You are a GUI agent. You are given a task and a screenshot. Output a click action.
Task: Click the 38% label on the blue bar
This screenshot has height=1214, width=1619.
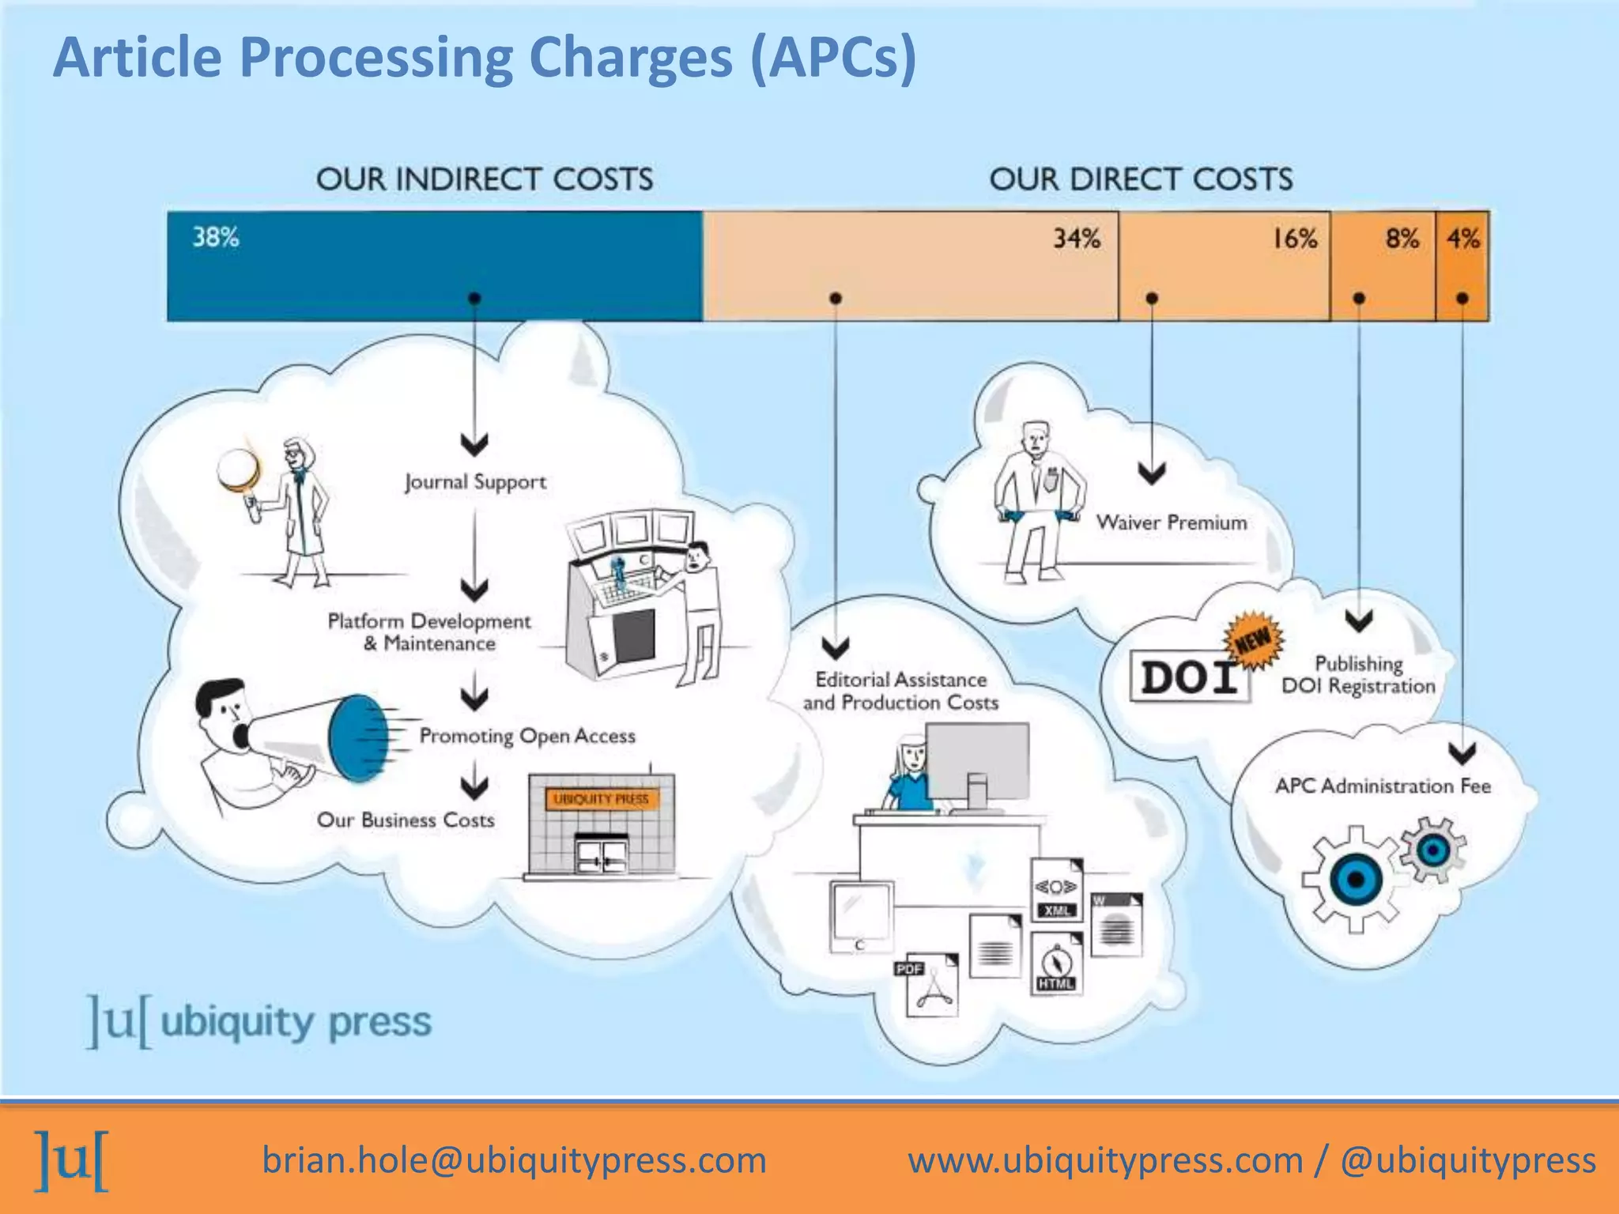click(x=216, y=237)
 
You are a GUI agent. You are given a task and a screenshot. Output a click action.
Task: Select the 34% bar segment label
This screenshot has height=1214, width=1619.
click(x=1076, y=238)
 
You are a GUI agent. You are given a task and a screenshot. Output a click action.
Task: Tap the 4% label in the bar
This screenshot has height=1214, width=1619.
click(x=1462, y=238)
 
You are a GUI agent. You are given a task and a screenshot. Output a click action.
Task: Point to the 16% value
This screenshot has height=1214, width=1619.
click(x=1294, y=238)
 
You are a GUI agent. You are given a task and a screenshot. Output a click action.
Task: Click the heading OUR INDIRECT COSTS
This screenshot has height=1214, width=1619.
click(x=485, y=179)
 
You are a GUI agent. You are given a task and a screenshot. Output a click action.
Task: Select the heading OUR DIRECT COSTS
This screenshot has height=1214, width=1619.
click(x=1141, y=179)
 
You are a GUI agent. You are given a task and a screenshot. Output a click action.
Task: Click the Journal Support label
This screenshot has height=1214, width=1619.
click(x=475, y=481)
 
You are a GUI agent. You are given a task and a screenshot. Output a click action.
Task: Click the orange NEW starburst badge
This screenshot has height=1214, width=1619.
click(x=1254, y=639)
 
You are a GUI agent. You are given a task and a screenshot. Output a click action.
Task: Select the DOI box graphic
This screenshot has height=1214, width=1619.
click(x=1189, y=677)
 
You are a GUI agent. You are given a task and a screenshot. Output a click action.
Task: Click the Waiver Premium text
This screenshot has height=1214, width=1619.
click(x=1172, y=522)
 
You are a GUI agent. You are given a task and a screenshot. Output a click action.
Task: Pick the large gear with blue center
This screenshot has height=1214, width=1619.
click(x=1355, y=879)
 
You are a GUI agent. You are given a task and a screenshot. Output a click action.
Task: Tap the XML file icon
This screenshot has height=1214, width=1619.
click(x=1057, y=891)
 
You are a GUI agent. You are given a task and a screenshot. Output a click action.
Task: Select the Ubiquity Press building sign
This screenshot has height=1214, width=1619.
click(x=601, y=799)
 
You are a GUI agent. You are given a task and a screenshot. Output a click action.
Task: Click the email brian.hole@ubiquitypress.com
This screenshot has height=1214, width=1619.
click(x=514, y=1160)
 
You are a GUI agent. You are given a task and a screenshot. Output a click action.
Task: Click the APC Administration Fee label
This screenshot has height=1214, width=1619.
click(x=1383, y=786)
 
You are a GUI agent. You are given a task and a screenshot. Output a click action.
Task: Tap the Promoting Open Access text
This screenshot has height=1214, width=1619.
click(x=527, y=736)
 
